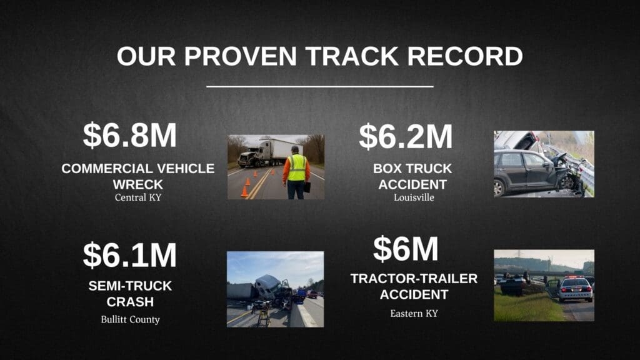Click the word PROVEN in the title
tap(240, 56)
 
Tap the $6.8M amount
tap(130, 135)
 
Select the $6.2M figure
tap(406, 136)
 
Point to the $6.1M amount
tap(130, 255)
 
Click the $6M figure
tap(406, 249)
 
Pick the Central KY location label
tap(138, 197)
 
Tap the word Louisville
tap(414, 197)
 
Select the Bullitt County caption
tap(130, 319)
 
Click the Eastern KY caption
tap(414, 314)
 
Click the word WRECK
tap(138, 184)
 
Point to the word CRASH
tap(130, 302)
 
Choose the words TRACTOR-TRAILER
tap(414, 279)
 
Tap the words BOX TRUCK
tap(412, 169)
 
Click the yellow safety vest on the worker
tap(297, 167)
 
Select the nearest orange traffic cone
tap(244, 191)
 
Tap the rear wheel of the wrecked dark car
tap(498, 187)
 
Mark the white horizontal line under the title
tap(319, 86)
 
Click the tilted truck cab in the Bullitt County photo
tap(269, 286)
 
